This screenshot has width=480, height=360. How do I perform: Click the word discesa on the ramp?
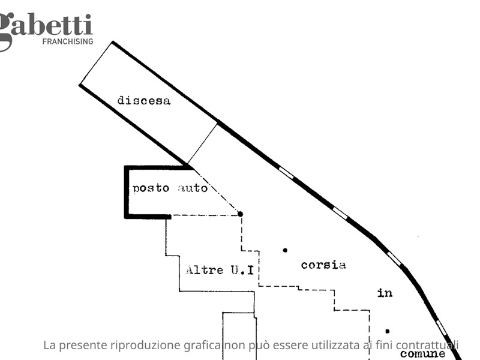coord(144,100)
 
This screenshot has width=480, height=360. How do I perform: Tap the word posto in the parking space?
coord(151,188)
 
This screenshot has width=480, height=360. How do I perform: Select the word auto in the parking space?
coord(193,188)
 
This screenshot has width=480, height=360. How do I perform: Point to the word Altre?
coord(205,270)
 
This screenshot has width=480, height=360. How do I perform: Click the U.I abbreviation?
coord(242,270)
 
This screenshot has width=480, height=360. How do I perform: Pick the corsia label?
coord(323,265)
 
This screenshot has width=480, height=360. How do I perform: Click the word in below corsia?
coord(385,293)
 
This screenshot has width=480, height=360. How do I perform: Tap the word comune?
coord(422,354)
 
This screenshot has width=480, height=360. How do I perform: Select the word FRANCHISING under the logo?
coord(68,41)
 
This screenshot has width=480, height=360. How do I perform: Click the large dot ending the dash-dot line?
coord(241,214)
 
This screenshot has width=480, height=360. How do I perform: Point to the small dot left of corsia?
coord(285,250)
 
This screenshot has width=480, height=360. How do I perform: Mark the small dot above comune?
coord(387,331)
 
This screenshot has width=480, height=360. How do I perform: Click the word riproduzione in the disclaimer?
coord(145,346)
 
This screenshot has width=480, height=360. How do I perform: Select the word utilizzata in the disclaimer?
coord(335,345)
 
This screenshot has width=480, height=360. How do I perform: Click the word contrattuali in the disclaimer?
coord(427,345)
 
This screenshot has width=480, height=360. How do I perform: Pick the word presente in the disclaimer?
coord(83,346)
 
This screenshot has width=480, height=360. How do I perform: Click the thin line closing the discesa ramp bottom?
coord(202,143)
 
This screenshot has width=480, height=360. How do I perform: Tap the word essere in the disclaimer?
coord(290,346)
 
